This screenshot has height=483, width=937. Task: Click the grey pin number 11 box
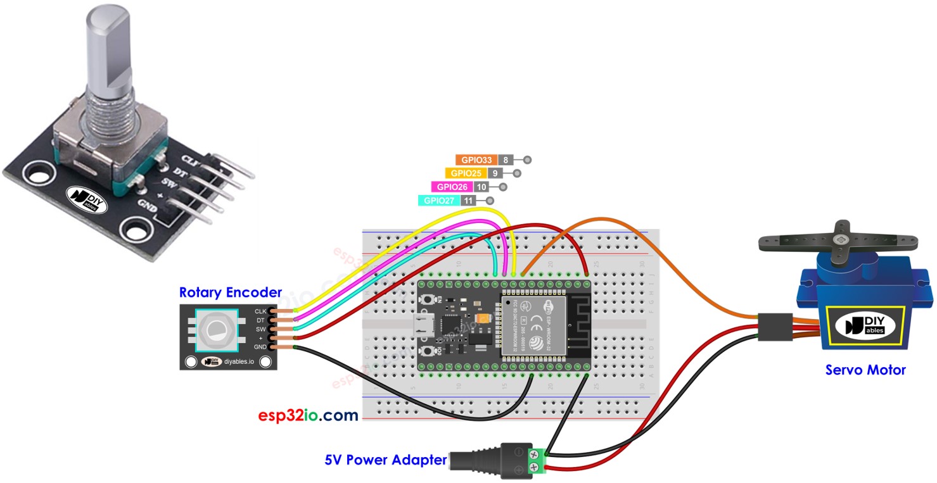click(468, 201)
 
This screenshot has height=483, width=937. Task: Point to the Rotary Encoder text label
click(230, 292)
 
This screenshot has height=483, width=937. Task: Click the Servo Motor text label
click(865, 370)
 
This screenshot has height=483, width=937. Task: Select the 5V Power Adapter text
click(386, 460)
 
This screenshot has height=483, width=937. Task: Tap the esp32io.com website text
click(308, 416)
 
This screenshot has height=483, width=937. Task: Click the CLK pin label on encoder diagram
click(260, 311)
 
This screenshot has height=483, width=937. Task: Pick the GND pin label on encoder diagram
click(260, 347)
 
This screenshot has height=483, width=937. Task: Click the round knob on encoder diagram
click(215, 329)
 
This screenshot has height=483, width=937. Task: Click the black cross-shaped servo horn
click(840, 241)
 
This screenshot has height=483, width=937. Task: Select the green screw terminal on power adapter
click(536, 460)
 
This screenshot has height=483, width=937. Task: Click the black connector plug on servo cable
click(775, 327)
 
